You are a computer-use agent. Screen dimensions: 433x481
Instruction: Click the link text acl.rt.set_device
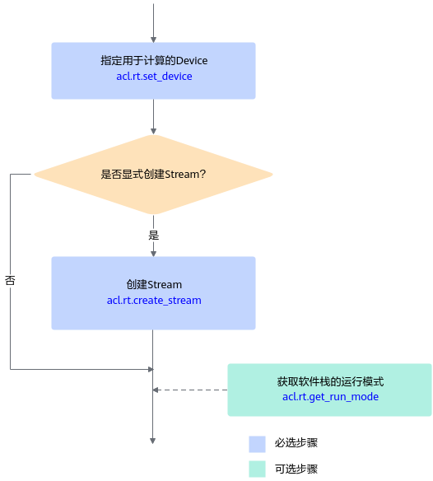[154, 77]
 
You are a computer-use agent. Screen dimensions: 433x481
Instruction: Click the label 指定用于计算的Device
[154, 60]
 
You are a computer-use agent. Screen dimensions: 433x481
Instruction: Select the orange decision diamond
[153, 175]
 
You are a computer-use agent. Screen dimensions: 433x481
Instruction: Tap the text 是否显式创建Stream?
[153, 175]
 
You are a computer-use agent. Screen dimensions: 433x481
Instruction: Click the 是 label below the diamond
[154, 236]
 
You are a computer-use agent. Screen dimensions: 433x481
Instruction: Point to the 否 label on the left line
[10, 280]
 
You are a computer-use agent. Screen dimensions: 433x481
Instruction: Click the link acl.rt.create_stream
[154, 301]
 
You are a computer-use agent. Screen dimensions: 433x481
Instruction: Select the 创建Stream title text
[154, 284]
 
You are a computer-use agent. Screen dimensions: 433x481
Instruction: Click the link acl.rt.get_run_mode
[330, 397]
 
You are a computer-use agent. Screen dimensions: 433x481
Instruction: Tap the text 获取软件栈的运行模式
[330, 381]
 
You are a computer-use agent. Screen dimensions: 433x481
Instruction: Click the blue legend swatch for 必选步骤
[257, 444]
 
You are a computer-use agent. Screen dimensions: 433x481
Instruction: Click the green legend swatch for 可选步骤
[257, 469]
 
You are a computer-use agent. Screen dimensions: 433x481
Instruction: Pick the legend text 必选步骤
[296, 442]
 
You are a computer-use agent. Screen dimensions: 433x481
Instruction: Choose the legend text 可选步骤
[296, 469]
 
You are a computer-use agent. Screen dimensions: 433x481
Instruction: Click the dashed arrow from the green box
[190, 390]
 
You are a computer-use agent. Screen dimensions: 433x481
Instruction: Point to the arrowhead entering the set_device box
[153, 40]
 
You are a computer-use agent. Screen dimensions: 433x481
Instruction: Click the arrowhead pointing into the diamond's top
[153, 132]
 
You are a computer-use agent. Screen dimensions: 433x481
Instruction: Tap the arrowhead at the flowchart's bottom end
[153, 441]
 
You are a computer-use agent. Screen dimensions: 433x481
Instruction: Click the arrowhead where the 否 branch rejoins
[151, 369]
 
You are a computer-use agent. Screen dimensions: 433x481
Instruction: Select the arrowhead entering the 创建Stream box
[153, 254]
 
